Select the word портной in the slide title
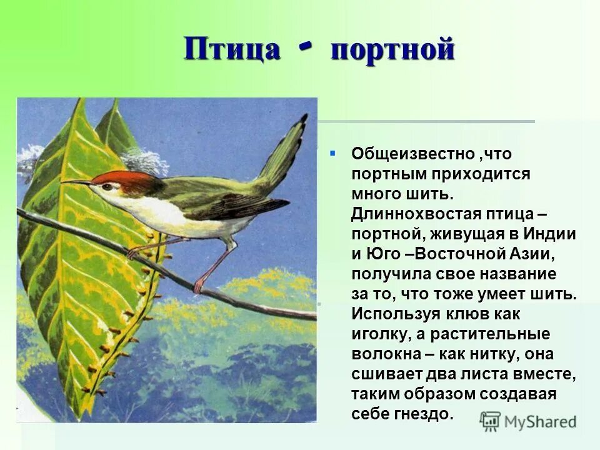(392, 50)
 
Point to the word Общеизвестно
(406, 154)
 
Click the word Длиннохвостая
(413, 214)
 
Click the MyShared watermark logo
(528, 421)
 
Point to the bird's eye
(107, 186)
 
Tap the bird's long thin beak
(77, 182)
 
